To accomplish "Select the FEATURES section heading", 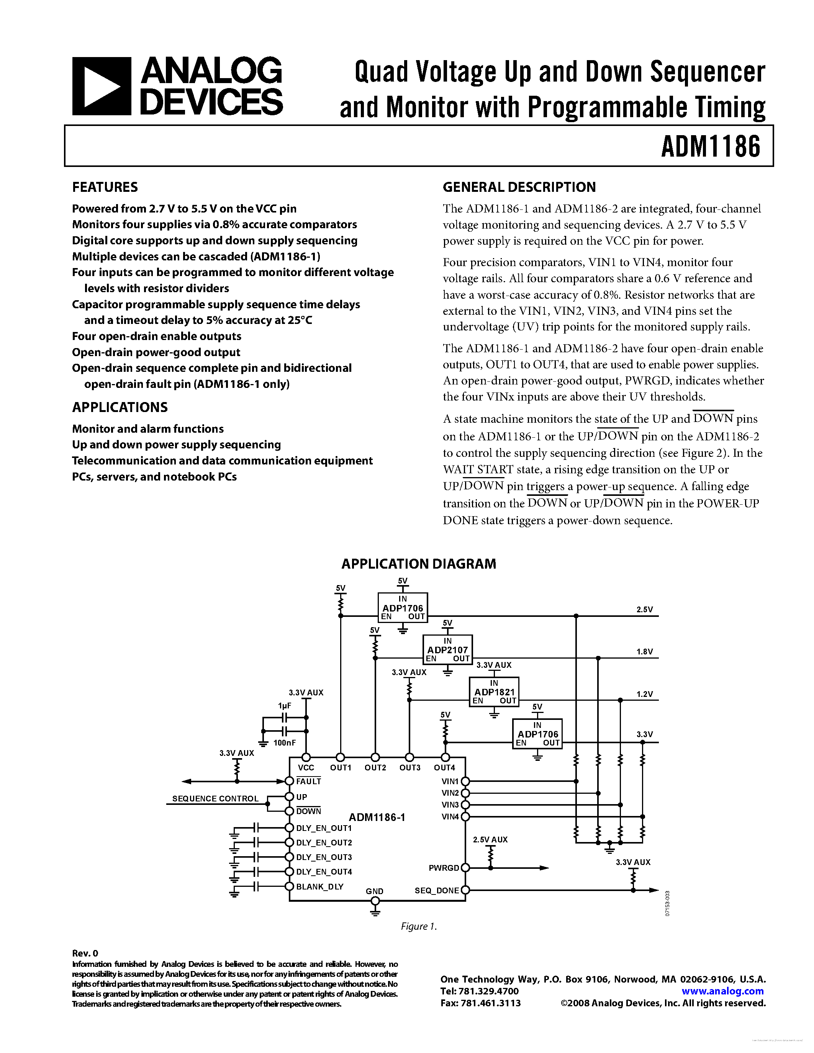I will point(105,187).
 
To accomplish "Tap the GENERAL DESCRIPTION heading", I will point(519,187).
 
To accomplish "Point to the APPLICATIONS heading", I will point(120,407).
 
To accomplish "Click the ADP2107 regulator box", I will point(447,650).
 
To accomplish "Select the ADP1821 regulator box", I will point(494,692).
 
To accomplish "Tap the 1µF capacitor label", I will point(285,705).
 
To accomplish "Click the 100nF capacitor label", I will point(285,743).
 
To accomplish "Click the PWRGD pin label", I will point(444,868).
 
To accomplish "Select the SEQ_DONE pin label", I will point(436,891).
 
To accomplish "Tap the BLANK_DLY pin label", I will point(319,887).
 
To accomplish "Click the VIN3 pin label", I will point(450,805).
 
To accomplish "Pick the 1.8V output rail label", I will point(644,652).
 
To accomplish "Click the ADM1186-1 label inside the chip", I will point(377,817).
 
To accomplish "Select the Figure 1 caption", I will point(419,927).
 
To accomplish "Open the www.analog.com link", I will point(722,991).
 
